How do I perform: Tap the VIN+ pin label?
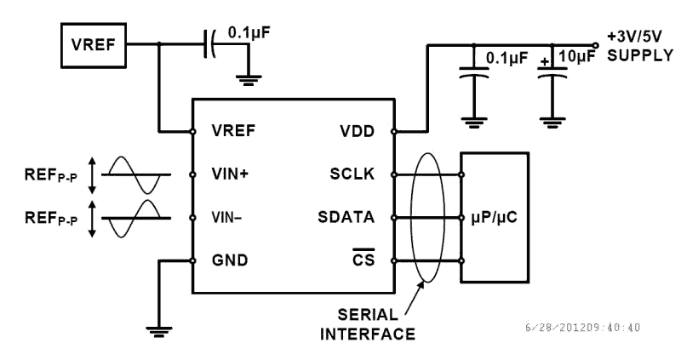232,174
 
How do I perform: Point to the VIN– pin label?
228,218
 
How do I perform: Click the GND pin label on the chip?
230,260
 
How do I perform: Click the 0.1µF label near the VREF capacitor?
254,34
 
